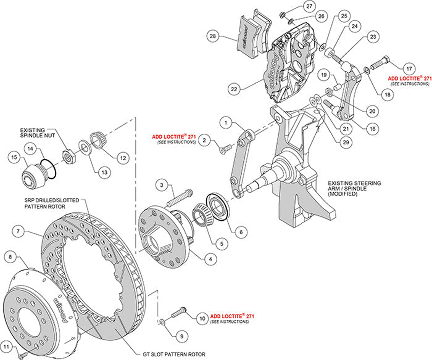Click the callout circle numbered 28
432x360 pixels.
point(213,37)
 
